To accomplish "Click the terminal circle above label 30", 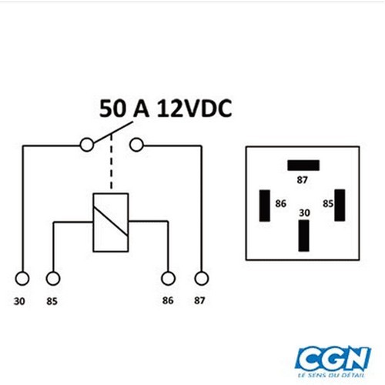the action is coord(22,278).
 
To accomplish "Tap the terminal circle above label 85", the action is coord(53,278).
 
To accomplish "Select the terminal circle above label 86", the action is coord(168,278).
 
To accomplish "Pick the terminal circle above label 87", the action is coord(202,278).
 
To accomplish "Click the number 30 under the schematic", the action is coord(19,301).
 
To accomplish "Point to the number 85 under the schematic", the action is coord(52,301).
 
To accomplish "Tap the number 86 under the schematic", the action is coord(168,300).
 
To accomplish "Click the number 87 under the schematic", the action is coord(199,300).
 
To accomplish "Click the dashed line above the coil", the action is coord(111,162).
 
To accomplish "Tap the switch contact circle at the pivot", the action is coord(87,145).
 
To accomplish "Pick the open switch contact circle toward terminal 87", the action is coord(136,145).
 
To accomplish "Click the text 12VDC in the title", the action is coord(194,109).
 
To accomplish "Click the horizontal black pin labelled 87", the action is coord(303,166).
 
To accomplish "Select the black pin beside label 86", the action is coord(265,206).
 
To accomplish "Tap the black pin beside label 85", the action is coord(340,205).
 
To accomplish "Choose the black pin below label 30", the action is coord(303,236).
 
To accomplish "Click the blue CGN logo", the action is coord(333,358).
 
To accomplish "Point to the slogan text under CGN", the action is coord(331,375).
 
